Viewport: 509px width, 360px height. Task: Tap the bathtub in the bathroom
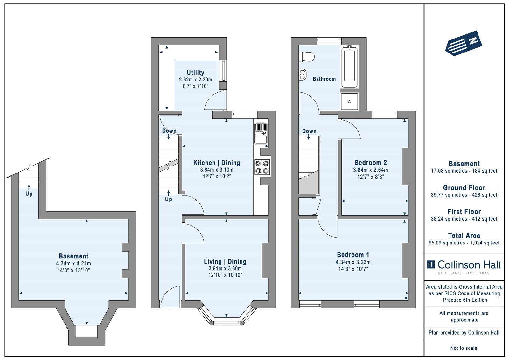(350, 67)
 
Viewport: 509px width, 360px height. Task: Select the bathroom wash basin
(303, 74)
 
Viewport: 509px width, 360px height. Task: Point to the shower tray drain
(350, 102)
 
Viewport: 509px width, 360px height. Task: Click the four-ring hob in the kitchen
(262, 167)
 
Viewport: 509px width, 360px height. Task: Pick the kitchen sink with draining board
(261, 133)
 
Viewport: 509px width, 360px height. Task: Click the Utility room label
(195, 73)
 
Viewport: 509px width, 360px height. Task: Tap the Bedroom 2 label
(370, 163)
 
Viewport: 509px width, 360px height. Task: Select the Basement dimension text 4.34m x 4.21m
(73, 264)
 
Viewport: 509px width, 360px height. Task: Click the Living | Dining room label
(225, 262)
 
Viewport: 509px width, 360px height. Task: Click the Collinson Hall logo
(464, 266)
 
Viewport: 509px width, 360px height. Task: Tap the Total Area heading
(464, 236)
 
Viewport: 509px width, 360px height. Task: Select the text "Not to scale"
(464, 348)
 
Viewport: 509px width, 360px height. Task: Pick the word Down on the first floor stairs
(309, 131)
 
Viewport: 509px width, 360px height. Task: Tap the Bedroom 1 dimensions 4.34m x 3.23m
(353, 262)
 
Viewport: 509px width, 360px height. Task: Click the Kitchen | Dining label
(217, 163)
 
